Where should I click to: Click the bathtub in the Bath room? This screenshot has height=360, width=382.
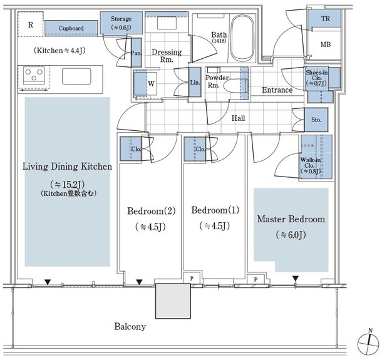click(242, 38)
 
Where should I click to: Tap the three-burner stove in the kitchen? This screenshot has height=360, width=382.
click(34, 76)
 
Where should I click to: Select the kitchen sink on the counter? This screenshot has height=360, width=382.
click(76, 76)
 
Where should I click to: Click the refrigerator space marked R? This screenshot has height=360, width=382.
click(31, 24)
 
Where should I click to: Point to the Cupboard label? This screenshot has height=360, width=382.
click(71, 28)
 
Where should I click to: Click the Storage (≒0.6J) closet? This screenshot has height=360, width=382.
click(121, 23)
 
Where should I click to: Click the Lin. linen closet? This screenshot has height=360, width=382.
click(195, 82)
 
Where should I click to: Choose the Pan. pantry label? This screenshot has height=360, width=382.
click(136, 53)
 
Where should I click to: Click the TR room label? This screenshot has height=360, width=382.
click(326, 19)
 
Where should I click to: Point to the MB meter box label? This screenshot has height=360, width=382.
click(326, 44)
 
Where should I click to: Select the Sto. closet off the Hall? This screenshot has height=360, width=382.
click(316, 120)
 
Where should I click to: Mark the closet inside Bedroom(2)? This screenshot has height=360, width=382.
click(131, 149)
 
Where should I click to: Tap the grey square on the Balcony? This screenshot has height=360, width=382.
click(173, 301)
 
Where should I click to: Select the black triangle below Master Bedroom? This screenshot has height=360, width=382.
click(296, 279)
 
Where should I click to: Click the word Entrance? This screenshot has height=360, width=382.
click(277, 90)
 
